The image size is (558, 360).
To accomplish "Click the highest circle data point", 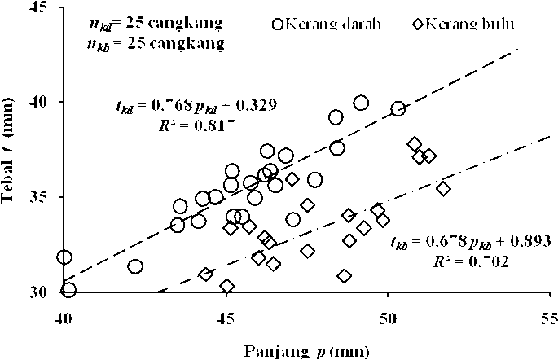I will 361,103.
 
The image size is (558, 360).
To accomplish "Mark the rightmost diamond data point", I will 443,188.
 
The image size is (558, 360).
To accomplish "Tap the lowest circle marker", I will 68,289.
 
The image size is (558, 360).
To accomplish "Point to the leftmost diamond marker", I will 206,274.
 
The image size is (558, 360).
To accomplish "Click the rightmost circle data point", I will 398,108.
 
